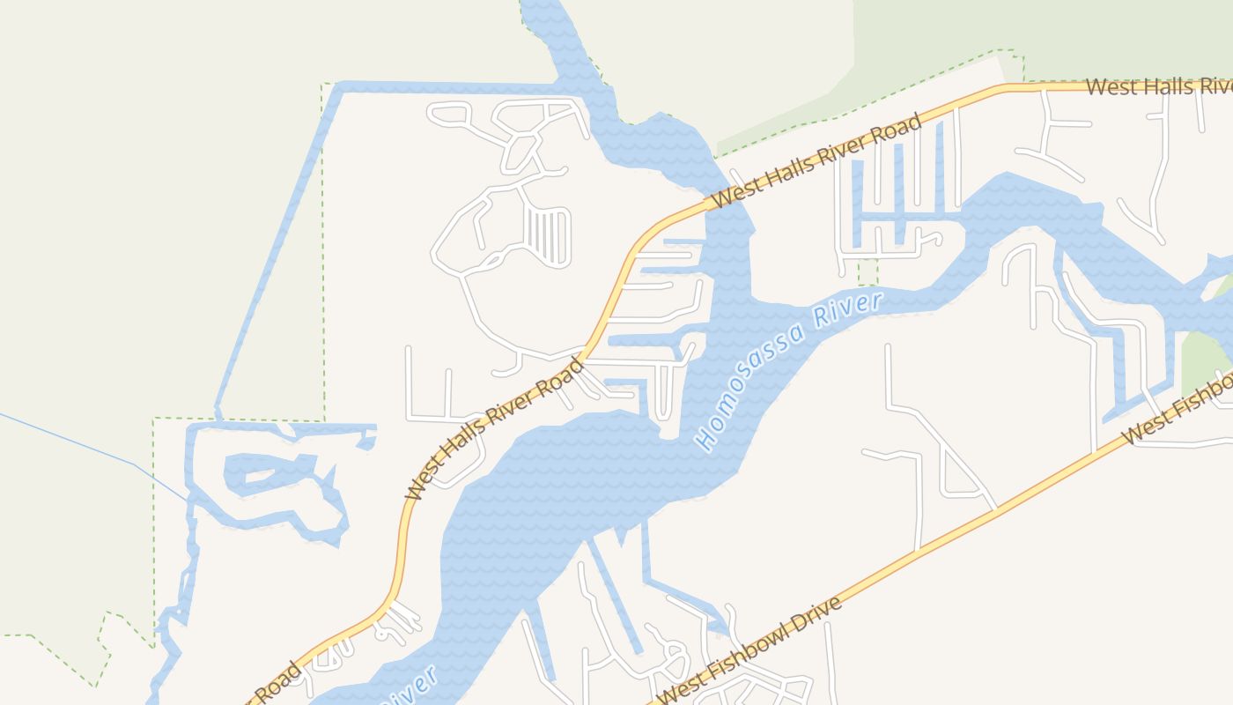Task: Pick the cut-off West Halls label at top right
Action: click(1157, 86)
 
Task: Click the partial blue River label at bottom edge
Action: click(410, 689)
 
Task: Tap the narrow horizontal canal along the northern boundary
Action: click(440, 87)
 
